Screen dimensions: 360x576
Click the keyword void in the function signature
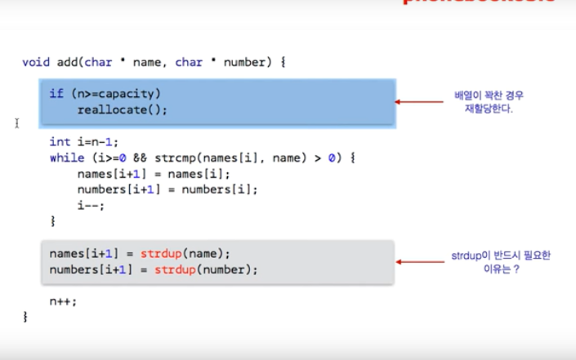35,62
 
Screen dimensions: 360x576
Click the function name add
65,62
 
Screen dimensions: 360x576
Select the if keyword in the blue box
56,94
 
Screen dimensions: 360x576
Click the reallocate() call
122,109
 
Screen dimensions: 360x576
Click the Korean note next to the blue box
489,101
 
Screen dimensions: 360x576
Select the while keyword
65,158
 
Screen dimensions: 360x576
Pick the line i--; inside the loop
91,205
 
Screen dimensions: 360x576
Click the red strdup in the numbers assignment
173,269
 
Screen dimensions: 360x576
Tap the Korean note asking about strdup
500,261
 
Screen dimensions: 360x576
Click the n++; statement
63,301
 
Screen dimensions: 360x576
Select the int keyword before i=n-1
59,142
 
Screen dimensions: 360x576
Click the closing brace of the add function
25,317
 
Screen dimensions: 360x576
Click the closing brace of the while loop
52,220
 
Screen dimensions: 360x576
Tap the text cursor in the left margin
16,123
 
